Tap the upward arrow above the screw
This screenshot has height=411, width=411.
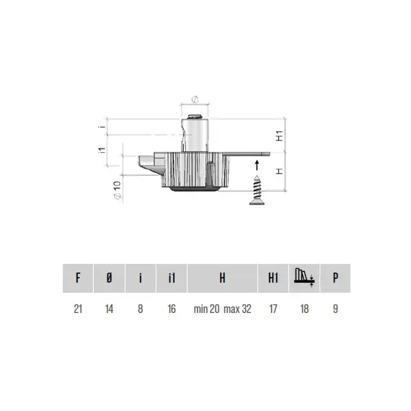coord(256,165)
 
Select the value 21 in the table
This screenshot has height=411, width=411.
coord(78,309)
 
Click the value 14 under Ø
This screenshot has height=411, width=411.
coord(109,309)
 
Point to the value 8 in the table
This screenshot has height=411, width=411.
coord(140,309)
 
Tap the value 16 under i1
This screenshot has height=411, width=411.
coord(171,309)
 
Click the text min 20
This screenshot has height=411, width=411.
coord(207,309)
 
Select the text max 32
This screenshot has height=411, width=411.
coord(238,309)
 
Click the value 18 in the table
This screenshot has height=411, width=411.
coord(304,309)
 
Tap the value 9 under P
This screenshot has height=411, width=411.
coord(335,309)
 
